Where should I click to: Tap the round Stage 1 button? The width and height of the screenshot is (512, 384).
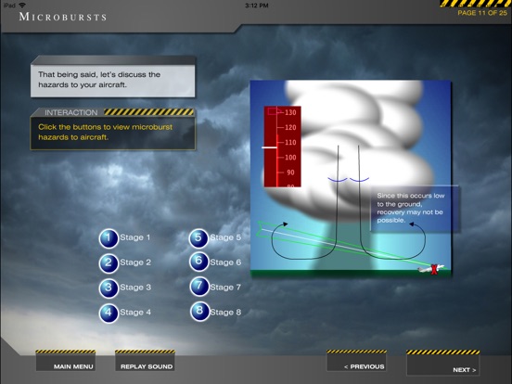click(x=109, y=238)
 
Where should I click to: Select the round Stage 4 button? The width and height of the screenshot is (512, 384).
click(x=109, y=314)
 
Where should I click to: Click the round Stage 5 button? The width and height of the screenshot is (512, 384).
click(x=198, y=238)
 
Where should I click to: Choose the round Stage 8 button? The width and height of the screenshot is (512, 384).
click(x=199, y=311)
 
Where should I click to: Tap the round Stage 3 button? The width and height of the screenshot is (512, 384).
click(x=109, y=288)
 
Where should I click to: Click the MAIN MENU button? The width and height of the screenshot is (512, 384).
click(x=66, y=361)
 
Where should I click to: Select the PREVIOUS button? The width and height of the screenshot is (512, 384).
click(x=356, y=361)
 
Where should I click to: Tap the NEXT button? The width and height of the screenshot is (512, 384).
click(x=443, y=363)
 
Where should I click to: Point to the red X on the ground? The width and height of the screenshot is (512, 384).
click(x=434, y=270)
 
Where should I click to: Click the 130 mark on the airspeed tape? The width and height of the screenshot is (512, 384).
click(x=290, y=112)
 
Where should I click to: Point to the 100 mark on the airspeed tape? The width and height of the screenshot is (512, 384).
click(x=290, y=158)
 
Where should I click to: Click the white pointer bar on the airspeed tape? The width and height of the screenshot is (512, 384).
click(x=269, y=147)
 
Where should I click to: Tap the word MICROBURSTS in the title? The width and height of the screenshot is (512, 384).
click(x=63, y=17)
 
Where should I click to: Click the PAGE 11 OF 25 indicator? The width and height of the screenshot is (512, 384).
click(x=482, y=13)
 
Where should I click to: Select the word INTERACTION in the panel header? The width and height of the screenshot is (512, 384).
click(x=71, y=112)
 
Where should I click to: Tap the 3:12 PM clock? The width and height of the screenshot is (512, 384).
click(x=257, y=6)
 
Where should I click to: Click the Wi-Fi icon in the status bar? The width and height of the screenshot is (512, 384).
click(x=22, y=5)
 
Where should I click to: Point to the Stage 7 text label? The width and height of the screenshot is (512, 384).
click(x=225, y=288)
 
